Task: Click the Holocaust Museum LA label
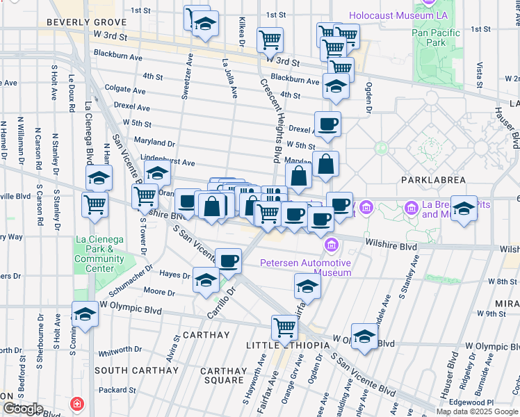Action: click(398, 15)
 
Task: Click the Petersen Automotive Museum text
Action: click(306, 268)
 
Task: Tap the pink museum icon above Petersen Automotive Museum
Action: click(331, 245)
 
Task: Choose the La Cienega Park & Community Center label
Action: click(100, 254)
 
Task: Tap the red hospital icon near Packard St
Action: click(77, 404)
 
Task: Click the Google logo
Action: click(22, 408)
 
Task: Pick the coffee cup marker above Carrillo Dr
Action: click(228, 261)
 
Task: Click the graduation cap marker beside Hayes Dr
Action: click(206, 279)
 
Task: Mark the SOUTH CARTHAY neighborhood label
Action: click(136, 370)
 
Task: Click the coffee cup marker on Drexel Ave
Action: click(327, 124)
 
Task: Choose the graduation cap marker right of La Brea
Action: click(464, 208)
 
